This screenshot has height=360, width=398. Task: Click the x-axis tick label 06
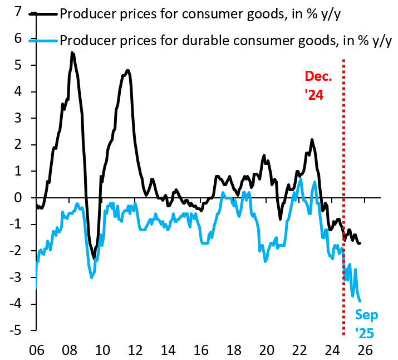click(36, 351)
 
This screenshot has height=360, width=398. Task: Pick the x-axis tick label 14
click(168, 351)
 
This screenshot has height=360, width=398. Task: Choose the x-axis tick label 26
click(365, 351)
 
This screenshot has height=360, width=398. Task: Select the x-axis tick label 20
click(267, 351)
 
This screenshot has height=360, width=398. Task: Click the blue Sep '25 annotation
click(367, 324)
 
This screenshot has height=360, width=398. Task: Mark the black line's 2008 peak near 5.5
click(72, 52)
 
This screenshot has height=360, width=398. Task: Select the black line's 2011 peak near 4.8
click(127, 70)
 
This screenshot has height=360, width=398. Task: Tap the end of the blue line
click(360, 301)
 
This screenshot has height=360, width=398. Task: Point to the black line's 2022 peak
click(312, 139)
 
